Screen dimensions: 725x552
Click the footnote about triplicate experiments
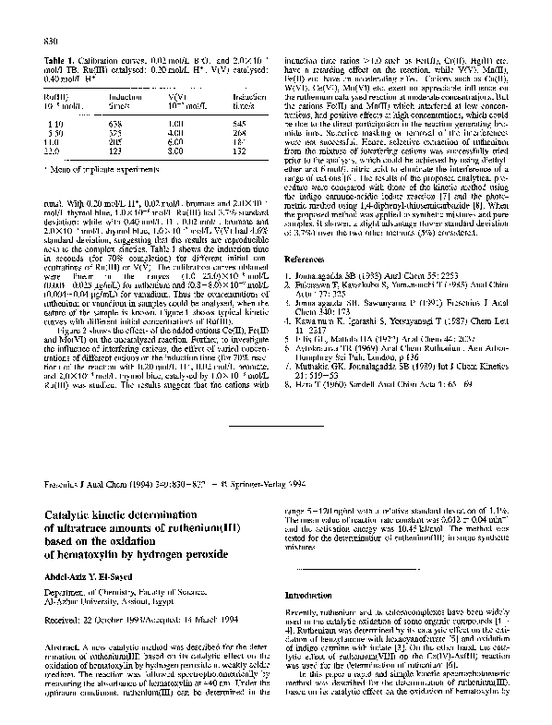click(x=92, y=166)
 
